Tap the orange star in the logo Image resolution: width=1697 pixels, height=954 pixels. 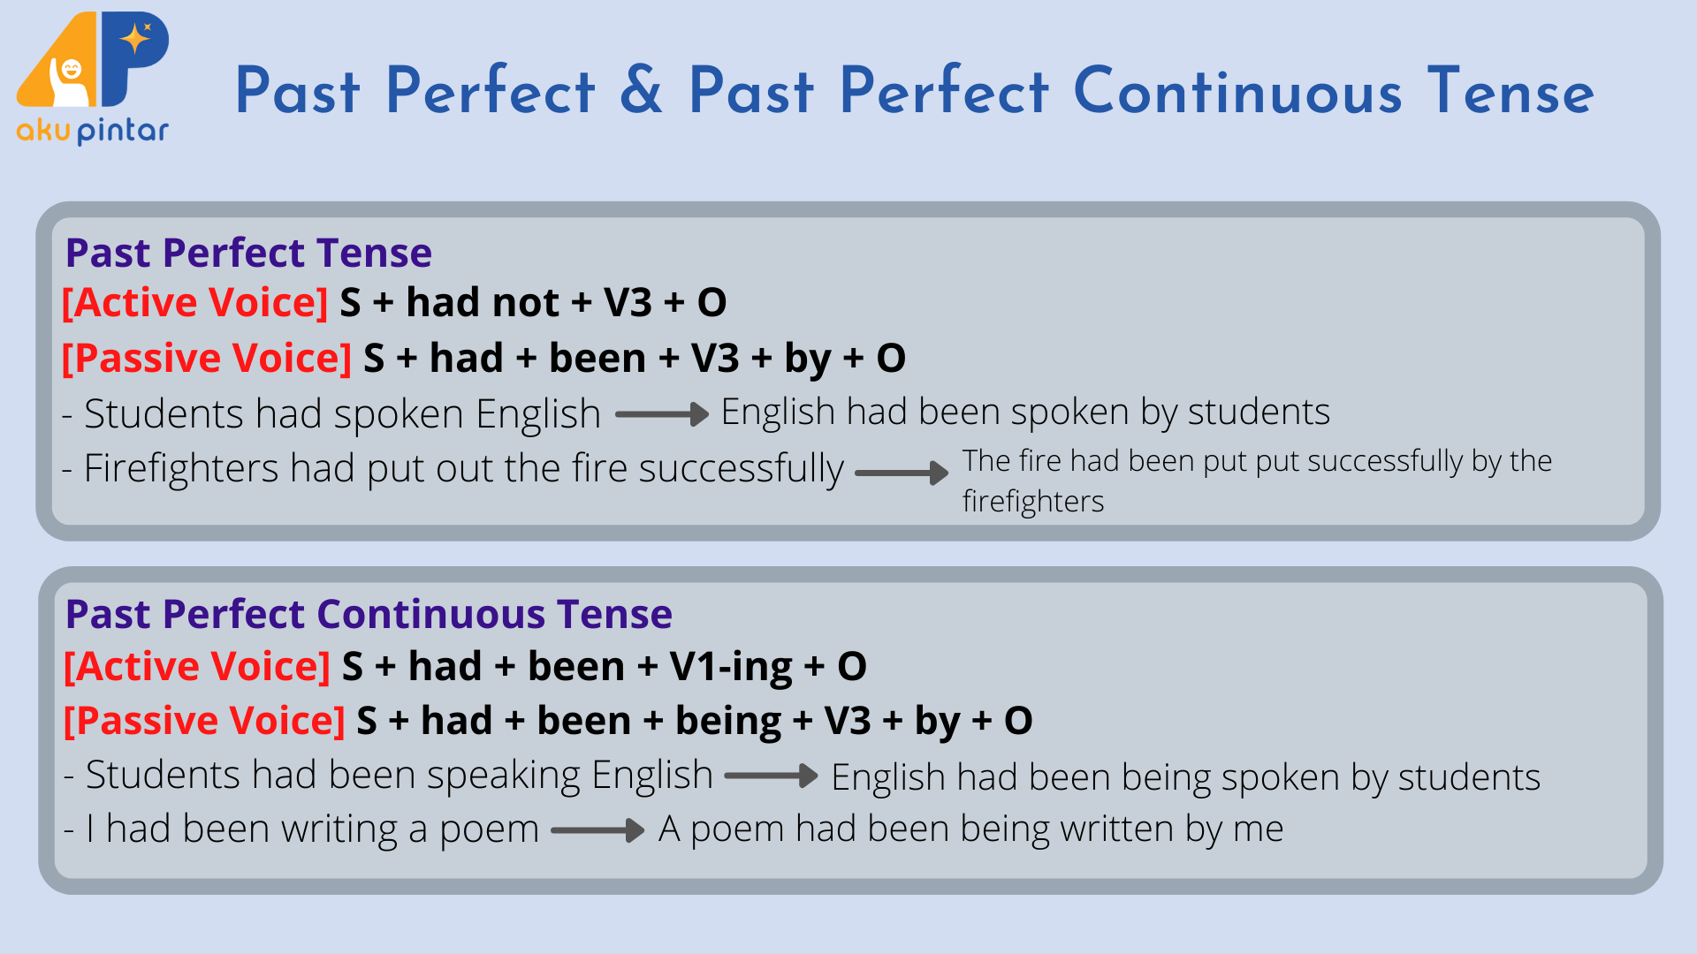click(135, 38)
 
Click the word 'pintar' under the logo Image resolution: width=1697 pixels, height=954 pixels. click(123, 132)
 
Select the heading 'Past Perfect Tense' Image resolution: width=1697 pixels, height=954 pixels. click(248, 253)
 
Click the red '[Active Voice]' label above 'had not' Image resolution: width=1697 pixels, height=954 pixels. click(195, 302)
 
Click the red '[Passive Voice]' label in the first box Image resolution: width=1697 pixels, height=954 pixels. click(207, 358)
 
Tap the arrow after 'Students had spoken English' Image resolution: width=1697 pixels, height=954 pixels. click(662, 414)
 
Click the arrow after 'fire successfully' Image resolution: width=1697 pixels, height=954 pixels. click(902, 473)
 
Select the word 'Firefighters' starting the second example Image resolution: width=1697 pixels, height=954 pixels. click(181, 468)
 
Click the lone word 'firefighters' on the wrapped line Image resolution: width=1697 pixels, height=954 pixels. click(1033, 502)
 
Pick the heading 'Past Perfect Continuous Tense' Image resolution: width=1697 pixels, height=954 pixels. click(369, 614)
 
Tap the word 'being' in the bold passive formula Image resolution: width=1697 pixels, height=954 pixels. click(728, 722)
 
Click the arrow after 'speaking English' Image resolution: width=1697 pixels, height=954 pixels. click(771, 776)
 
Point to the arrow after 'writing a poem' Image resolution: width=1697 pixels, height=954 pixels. click(597, 830)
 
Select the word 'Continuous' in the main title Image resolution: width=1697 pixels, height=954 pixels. click(1237, 90)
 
